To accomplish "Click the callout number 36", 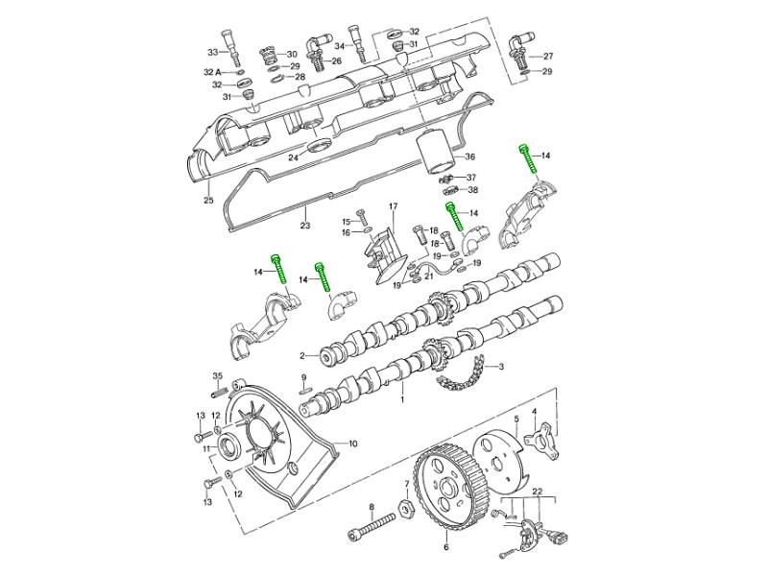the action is pos(469,156).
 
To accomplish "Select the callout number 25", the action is pos(208,200).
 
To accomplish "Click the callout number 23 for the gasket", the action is pos(305,226).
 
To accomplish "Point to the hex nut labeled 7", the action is pos(406,509).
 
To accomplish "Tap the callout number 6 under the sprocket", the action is pos(445,546).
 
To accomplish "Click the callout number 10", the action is pos(352,444).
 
